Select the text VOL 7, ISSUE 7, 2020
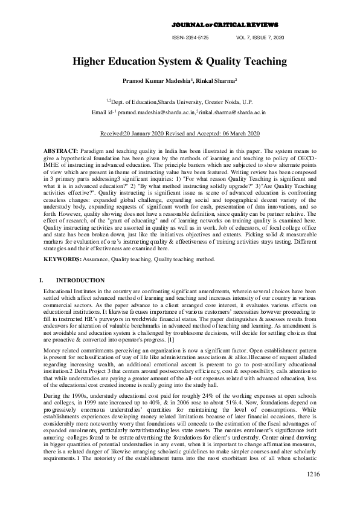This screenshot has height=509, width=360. pos(262,37)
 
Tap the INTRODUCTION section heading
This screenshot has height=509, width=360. pos(80,280)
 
